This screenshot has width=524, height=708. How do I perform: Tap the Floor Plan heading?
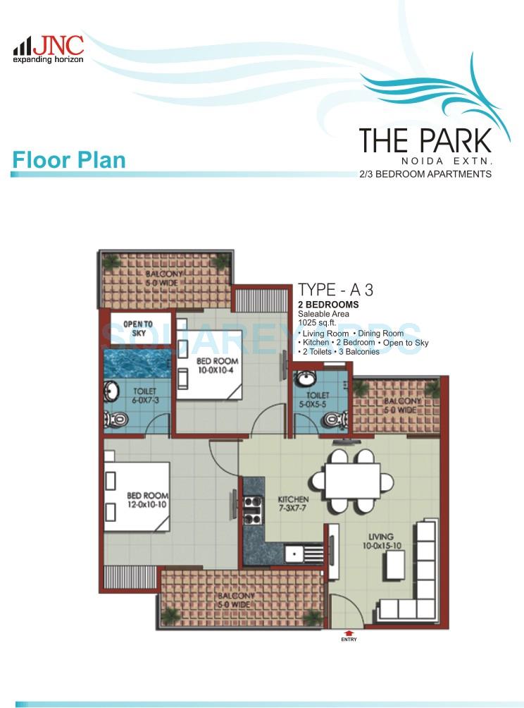click(x=68, y=160)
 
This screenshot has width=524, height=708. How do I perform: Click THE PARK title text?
click(x=425, y=140)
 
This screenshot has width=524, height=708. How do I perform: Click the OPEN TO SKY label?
click(x=138, y=328)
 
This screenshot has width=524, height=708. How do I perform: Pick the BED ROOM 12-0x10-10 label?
click(x=147, y=501)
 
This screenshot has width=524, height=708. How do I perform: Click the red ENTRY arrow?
click(x=349, y=633)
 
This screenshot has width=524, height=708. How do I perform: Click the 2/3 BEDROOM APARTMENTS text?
click(x=425, y=173)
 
